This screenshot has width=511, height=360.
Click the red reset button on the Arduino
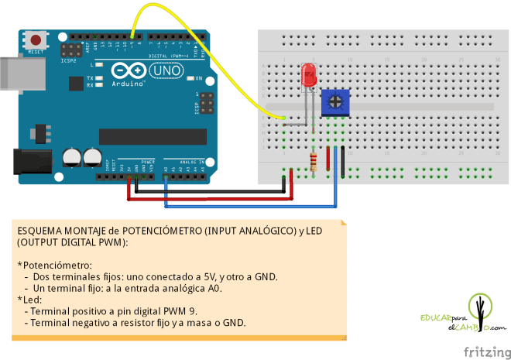tap(36, 39)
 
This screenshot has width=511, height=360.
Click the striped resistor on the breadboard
tap(313, 161)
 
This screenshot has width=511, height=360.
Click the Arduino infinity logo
tap(129, 71)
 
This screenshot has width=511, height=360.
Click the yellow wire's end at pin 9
tap(135, 36)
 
